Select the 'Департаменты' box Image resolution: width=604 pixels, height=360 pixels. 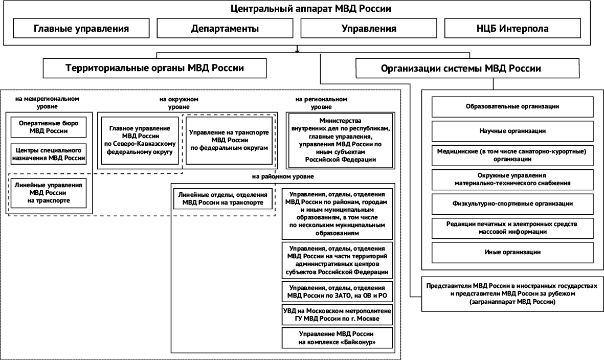225,29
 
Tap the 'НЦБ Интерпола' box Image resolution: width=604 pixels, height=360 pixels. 512,29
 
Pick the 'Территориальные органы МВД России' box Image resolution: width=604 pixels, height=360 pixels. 154,69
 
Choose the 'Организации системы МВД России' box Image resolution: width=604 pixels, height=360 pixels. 468,69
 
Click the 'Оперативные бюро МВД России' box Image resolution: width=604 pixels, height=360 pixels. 49,127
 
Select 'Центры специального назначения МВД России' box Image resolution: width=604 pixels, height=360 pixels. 49,154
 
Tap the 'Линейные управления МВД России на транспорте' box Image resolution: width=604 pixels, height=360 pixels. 49,193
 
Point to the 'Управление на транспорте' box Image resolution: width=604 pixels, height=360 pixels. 229,140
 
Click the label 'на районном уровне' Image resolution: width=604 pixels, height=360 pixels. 283,176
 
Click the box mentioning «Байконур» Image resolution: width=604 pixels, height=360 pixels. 337,338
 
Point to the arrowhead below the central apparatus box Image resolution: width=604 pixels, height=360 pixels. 297,50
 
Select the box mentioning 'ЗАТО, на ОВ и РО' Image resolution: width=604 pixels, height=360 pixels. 337,292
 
